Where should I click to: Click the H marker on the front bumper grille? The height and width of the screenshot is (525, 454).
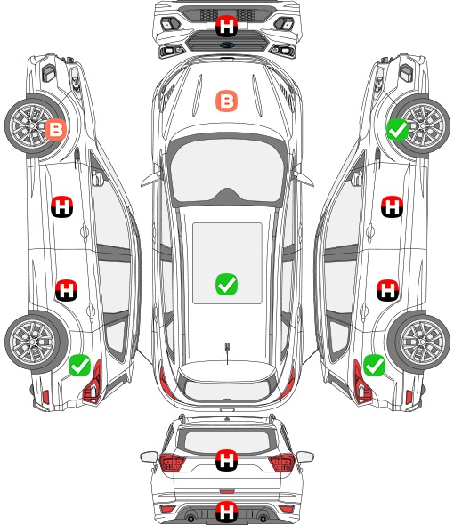[x=226, y=26]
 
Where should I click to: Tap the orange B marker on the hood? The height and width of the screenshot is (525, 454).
[x=226, y=101]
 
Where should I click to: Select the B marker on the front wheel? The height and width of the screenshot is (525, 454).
[x=55, y=129]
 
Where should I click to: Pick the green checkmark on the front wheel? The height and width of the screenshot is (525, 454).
[x=398, y=129]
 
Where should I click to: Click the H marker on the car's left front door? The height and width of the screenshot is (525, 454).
[x=62, y=206]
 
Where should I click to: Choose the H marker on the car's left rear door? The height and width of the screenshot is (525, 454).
[x=67, y=290]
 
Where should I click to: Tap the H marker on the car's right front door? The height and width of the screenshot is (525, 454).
[x=392, y=206]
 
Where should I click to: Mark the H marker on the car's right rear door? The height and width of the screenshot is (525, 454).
[x=387, y=290]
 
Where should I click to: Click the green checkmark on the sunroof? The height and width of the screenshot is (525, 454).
[x=226, y=285]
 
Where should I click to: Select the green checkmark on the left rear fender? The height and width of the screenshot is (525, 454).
[x=80, y=366]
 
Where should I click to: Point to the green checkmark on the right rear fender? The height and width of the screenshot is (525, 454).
[x=374, y=366]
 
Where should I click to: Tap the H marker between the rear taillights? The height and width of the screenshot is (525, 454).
[x=226, y=460]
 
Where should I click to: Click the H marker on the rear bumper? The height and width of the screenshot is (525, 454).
[x=226, y=512]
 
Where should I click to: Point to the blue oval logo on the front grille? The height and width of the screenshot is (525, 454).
[x=227, y=45]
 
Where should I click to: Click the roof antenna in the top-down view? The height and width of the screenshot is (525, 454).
[x=227, y=352]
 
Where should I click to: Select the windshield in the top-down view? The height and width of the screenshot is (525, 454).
[x=227, y=171]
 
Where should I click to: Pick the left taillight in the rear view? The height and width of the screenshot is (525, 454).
[x=172, y=463]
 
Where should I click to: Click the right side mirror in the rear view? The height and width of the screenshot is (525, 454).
[x=305, y=456]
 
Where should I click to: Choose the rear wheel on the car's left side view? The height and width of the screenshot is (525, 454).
[x=33, y=342]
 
